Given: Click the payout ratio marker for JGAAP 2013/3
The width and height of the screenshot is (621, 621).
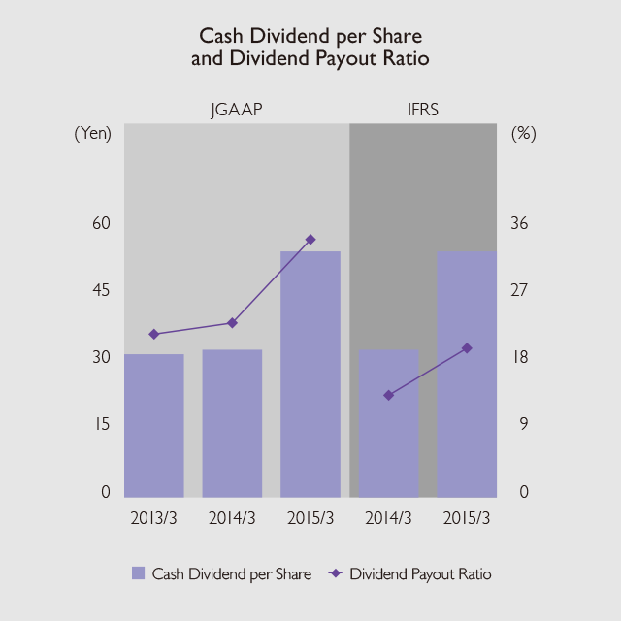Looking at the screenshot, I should (153, 334).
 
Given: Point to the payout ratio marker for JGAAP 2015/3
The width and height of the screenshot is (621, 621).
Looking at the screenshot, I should (310, 239).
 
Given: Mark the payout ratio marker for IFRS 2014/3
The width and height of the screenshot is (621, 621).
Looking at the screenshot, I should (388, 395).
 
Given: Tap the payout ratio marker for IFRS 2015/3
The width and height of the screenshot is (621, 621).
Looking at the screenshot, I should (467, 347).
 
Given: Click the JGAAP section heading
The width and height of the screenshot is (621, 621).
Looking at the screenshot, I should (237, 110).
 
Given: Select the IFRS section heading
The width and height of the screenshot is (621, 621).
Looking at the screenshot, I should (423, 110).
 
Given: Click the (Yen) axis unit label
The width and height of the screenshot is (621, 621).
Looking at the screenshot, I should (93, 134).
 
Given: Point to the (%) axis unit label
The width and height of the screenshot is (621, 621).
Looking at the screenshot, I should (523, 134).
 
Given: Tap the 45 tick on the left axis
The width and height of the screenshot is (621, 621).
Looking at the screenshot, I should (101, 290).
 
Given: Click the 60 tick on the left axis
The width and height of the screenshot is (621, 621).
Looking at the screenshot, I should (101, 223).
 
